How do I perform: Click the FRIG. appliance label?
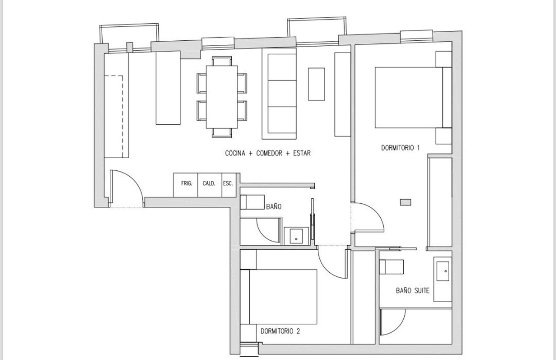click(187, 183)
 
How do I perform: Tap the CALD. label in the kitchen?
click(209, 183)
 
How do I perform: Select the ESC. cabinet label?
click(228, 183)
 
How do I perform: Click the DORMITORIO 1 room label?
click(400, 148)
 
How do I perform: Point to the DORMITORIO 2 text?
click(280, 331)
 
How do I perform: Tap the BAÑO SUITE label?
click(413, 291)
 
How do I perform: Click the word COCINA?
click(235, 153)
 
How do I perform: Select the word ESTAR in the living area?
click(302, 153)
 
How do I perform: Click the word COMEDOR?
click(269, 153)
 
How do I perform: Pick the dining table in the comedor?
click(222, 97)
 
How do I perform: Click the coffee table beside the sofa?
click(317, 84)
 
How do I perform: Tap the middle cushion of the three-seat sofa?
click(282, 93)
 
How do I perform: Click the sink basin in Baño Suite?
click(443, 271)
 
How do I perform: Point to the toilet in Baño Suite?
click(391, 267)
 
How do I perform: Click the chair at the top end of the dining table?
click(222, 61)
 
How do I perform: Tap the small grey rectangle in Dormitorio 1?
click(406, 202)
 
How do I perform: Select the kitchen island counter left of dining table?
click(168, 87)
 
